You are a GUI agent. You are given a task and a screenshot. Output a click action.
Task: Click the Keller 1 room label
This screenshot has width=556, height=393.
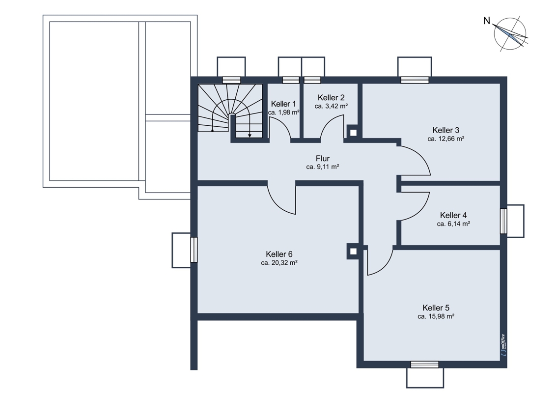tap(283, 104)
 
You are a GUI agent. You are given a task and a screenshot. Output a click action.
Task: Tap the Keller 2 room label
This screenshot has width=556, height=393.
tap(331, 98)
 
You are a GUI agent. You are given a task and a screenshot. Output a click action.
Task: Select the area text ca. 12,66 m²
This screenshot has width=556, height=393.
tap(446, 139)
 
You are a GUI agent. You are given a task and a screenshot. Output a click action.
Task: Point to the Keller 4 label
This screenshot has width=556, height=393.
tap(453, 215)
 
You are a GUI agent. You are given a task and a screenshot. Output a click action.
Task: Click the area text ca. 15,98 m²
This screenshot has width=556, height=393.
tap(436, 316)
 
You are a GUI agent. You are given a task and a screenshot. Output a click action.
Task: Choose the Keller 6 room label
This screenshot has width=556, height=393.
tap(279, 254)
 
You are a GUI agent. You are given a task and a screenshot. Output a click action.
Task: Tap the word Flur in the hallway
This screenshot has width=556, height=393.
tap(323, 159)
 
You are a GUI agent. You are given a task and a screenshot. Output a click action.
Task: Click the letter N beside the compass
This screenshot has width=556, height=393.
tap(487, 21)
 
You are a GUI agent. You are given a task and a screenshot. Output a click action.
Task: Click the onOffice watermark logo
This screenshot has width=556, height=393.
tap(503, 345)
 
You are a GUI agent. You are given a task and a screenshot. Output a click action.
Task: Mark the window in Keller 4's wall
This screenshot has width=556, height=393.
tap(503, 221)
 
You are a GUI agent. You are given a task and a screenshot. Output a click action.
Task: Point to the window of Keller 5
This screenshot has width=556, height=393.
tap(425, 365)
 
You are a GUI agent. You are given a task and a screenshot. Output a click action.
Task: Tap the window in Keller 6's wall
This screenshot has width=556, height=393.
tap(194, 250)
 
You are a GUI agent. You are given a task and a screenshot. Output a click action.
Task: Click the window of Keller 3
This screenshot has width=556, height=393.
tap(415, 80)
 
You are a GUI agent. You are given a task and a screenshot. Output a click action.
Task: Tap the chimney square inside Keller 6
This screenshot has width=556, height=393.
tap(353, 252)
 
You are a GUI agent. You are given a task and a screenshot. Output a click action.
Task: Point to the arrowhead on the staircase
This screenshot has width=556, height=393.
tap(250, 136)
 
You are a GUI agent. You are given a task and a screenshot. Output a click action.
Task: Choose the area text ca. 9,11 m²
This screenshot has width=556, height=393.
tap(323, 167)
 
